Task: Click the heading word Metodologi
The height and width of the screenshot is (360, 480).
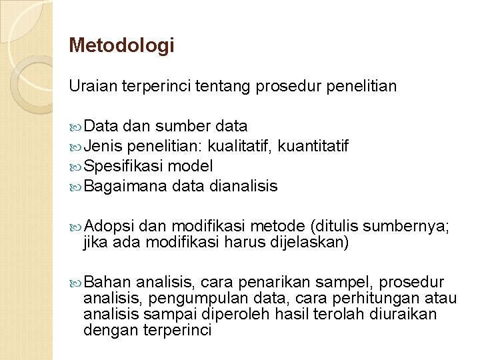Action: tap(121, 45)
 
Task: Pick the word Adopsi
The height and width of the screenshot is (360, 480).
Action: tap(110, 226)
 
